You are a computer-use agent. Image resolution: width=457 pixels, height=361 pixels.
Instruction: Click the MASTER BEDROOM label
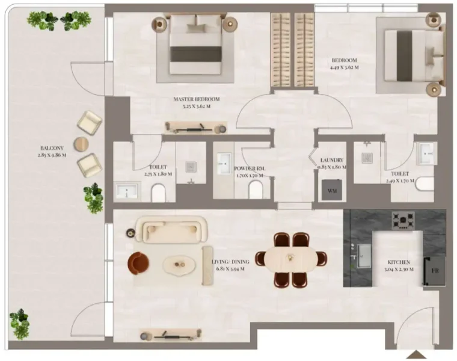[x=196, y=99]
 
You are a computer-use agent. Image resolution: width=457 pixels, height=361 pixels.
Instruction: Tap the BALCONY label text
[x=49, y=147]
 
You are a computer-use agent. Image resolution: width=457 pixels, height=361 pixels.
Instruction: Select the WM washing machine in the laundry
[x=333, y=191]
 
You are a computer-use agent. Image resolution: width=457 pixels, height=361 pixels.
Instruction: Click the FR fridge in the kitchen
[x=434, y=270]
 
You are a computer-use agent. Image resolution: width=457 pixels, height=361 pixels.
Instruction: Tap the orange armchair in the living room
[x=139, y=262]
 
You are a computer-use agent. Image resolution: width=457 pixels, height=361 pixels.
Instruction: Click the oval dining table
[x=292, y=259]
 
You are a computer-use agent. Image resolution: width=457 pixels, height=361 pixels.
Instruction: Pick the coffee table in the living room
[x=180, y=263]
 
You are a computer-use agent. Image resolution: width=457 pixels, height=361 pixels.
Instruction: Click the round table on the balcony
[x=81, y=144]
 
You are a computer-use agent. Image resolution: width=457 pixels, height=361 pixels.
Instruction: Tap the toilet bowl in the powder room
[x=255, y=190]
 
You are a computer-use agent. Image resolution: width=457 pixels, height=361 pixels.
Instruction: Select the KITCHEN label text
[x=399, y=262]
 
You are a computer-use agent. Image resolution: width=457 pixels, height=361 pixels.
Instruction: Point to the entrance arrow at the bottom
[x=416, y=354]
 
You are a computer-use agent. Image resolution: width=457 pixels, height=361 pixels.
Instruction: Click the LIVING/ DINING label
[x=232, y=262]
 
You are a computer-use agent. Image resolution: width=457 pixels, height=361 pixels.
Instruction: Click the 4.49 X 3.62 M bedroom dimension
[x=345, y=67]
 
